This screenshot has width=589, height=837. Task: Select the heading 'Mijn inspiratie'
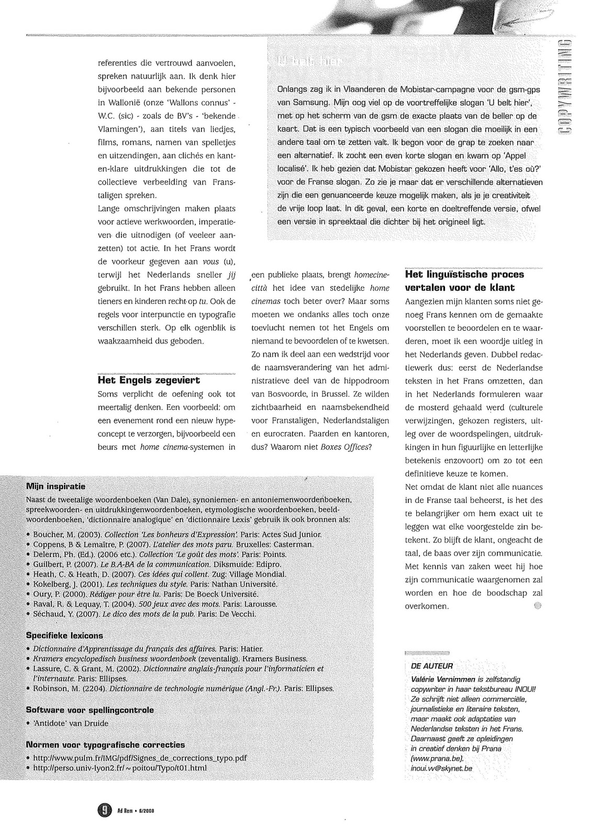[55, 487]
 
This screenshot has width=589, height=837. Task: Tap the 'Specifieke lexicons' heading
[64, 636]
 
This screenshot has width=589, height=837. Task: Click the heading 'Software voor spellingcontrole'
[90, 710]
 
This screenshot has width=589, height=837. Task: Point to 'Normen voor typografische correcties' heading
[105, 744]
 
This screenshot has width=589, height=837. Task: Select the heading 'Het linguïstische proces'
[464, 274]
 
